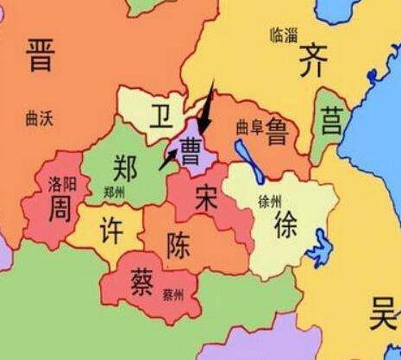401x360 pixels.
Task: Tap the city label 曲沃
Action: pyautogui.click(x=40, y=118)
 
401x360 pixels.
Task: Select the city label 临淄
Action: pyautogui.click(x=283, y=35)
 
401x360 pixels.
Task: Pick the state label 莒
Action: pyautogui.click(x=331, y=121)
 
